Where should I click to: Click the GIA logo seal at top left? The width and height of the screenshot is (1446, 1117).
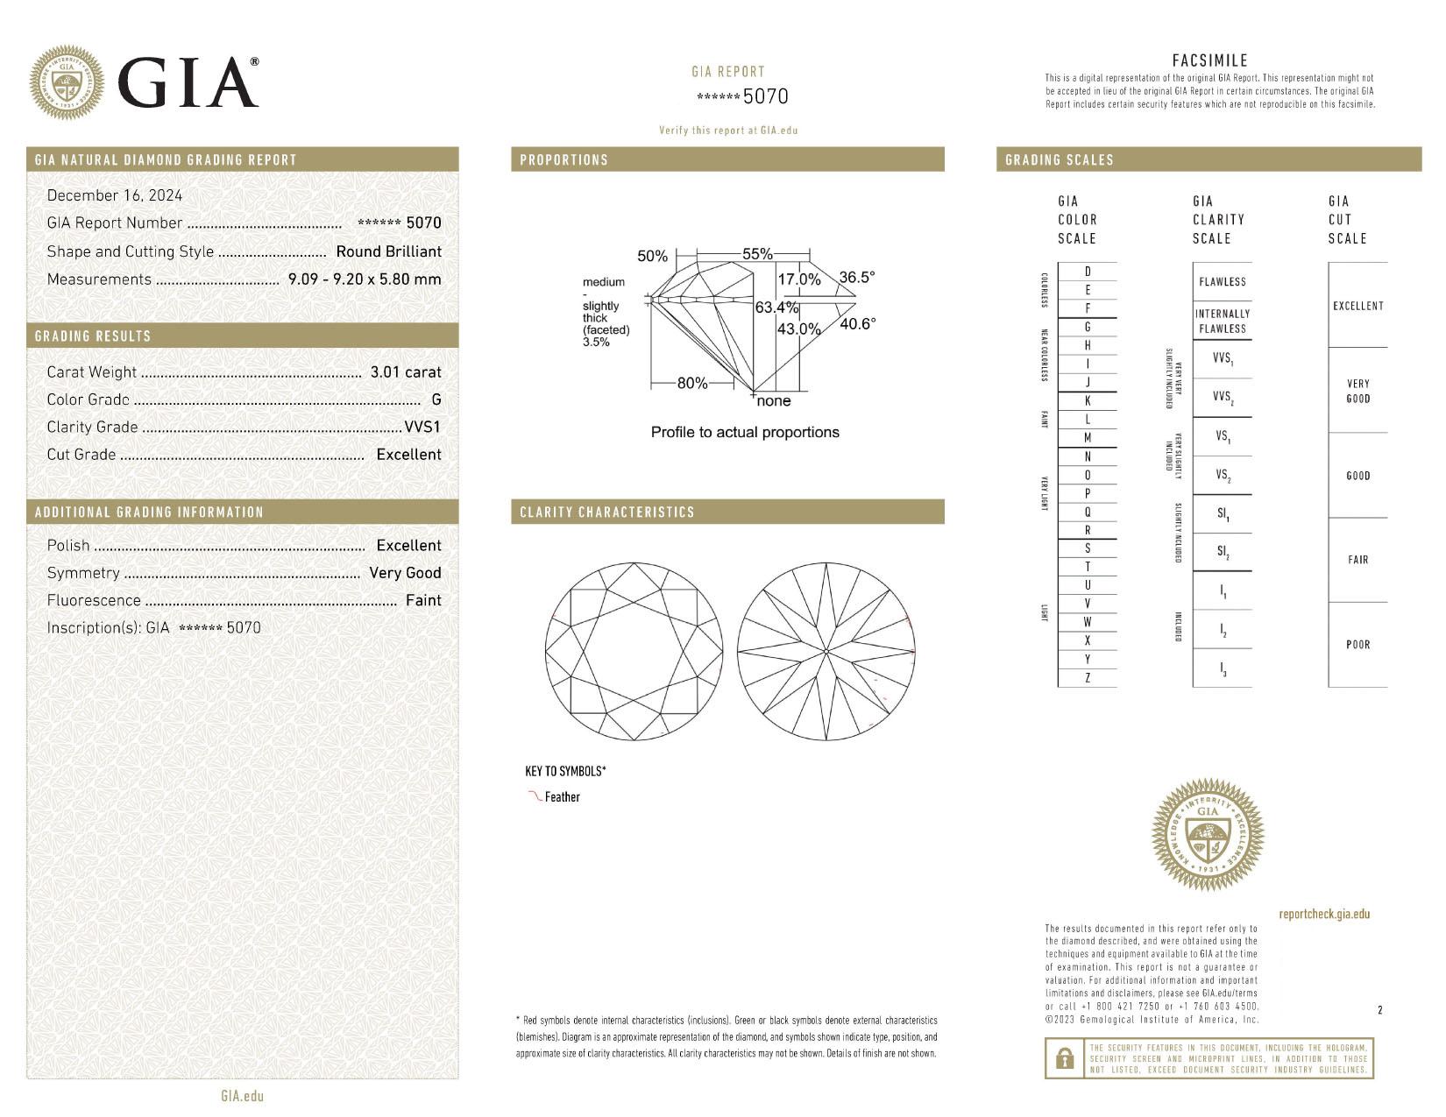(66, 83)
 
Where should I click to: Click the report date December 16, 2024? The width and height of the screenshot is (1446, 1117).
(115, 195)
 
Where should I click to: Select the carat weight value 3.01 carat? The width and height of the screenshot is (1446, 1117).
(405, 371)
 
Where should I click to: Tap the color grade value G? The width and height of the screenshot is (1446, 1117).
(436, 399)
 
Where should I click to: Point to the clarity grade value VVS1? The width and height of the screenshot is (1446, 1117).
(422, 427)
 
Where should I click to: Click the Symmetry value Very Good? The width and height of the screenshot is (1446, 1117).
(405, 573)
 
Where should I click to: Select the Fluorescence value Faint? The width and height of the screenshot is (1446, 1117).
(423, 600)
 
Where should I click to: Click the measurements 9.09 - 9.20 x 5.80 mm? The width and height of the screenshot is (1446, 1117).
(365, 279)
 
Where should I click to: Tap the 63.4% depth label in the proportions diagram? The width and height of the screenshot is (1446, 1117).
(776, 308)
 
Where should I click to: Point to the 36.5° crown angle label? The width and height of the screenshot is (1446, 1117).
(856, 278)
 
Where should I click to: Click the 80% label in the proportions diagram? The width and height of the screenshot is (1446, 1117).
(692, 383)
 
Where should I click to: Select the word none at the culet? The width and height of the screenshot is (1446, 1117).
(773, 401)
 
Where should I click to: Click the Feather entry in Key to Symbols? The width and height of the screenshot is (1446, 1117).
(562, 797)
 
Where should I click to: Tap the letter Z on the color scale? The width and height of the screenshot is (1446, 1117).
(1088, 678)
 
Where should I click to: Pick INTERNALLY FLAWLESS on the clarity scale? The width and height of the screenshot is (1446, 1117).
(1222, 321)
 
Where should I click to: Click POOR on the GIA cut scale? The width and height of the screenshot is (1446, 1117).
(1357, 645)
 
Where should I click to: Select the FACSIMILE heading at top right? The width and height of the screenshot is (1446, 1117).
(1209, 60)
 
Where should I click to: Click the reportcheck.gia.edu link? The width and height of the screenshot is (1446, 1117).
(1323, 914)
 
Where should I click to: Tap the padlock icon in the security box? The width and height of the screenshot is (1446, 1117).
(1065, 1059)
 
